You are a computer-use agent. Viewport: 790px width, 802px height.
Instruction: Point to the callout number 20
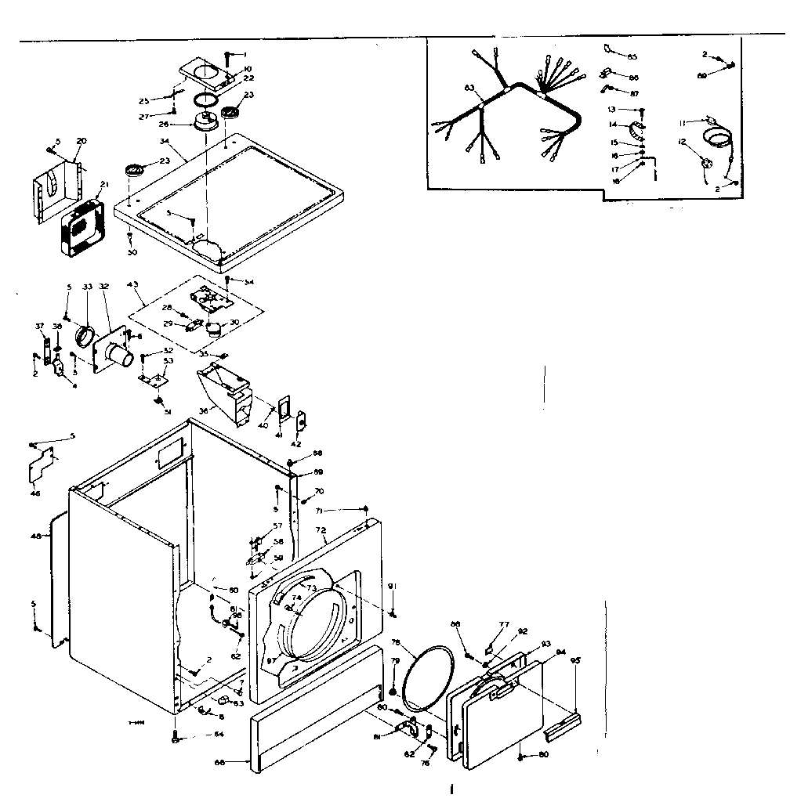point(81,141)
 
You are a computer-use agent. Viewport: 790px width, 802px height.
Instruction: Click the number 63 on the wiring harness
point(469,89)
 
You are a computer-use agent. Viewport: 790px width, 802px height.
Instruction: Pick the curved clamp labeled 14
point(636,125)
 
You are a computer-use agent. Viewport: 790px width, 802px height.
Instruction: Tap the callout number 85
point(632,56)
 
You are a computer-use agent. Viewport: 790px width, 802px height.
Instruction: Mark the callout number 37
point(39,327)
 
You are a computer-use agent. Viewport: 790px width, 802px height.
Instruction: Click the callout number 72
point(321,530)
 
